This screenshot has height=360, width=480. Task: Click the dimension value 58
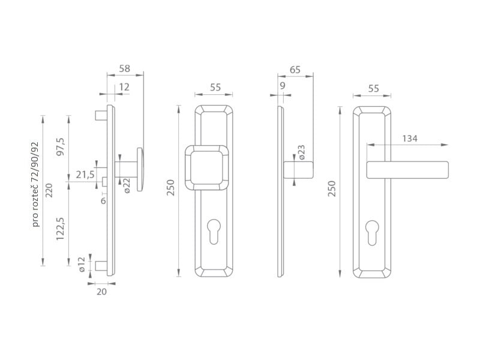coord(125,68)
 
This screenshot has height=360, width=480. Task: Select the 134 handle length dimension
coord(410,139)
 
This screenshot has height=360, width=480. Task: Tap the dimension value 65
coord(295,70)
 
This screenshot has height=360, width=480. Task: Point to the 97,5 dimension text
coord(61,146)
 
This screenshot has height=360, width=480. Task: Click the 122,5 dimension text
coord(61,229)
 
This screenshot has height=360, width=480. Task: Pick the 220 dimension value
coord(49,190)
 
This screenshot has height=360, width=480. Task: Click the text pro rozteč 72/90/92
coord(36,184)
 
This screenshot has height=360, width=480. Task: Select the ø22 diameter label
coord(127,185)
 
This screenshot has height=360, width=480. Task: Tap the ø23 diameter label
coord(301,152)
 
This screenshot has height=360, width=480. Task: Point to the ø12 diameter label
coord(81,265)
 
